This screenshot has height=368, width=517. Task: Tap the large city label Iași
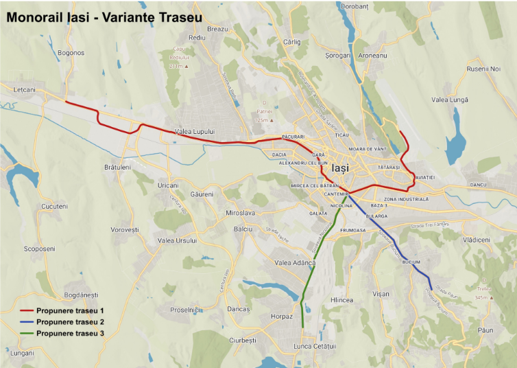pos(341,168)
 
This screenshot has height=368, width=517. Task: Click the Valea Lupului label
pos(195,131)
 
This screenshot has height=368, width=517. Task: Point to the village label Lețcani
pos(23,90)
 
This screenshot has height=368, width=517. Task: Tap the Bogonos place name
pos(71,53)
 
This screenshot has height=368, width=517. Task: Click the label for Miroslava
pos(240,213)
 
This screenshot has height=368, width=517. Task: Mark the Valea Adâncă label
pos(294,263)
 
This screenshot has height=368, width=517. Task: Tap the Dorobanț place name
pos(354,5)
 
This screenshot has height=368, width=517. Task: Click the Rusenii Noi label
pos(484,69)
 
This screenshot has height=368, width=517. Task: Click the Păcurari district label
pos(293,138)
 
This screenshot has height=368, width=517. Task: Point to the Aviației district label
pos(423,178)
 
